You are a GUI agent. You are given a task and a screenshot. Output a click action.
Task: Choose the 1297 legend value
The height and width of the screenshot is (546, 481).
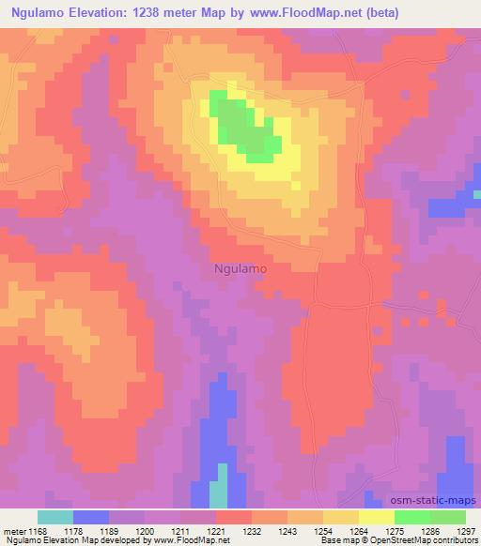466,530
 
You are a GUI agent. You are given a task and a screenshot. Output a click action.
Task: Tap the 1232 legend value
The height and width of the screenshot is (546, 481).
252,530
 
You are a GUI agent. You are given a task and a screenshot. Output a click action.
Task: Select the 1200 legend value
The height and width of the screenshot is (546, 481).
144,530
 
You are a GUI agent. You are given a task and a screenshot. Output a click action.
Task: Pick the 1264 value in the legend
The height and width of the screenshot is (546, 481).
359,530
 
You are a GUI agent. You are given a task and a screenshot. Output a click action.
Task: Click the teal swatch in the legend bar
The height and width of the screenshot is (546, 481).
54,517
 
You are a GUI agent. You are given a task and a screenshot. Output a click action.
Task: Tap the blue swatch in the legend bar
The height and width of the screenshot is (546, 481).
90,517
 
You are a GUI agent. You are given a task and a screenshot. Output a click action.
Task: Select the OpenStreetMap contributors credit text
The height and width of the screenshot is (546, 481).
427,540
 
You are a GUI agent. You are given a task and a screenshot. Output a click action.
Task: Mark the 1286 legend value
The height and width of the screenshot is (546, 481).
430,530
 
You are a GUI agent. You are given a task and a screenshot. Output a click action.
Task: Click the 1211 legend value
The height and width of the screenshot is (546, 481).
180,530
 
